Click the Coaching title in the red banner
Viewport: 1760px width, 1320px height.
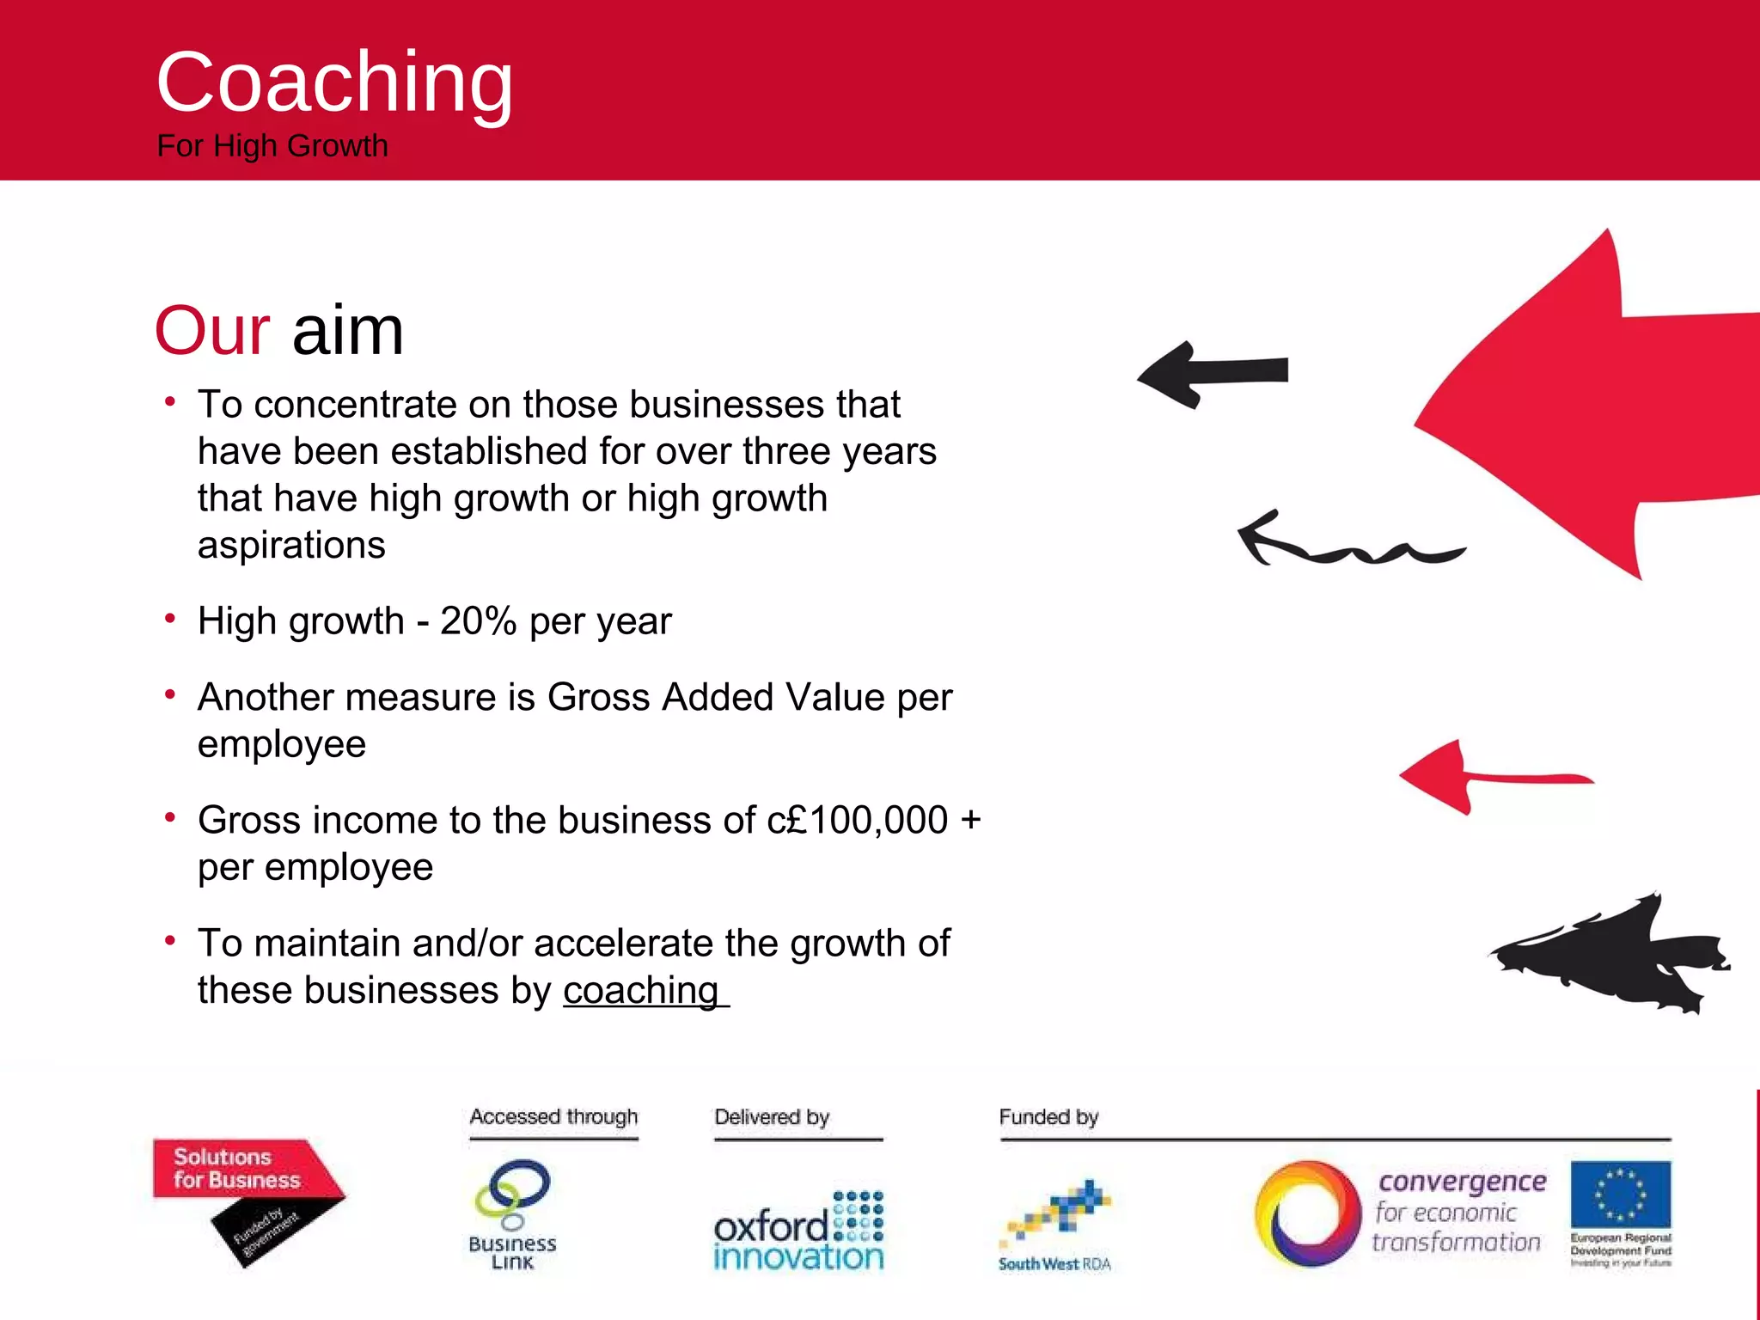point(334,83)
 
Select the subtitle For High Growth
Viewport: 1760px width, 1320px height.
point(272,146)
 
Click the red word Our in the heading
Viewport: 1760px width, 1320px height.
point(212,331)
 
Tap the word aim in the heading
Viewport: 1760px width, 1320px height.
point(348,331)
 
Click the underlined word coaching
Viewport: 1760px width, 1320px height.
point(641,991)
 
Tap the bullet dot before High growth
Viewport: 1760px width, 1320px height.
point(170,618)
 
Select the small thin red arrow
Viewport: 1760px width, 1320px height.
point(1487,777)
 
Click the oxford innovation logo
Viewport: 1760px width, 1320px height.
point(798,1231)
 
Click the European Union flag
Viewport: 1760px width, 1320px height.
point(1620,1195)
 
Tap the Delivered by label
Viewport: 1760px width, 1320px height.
point(772,1117)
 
